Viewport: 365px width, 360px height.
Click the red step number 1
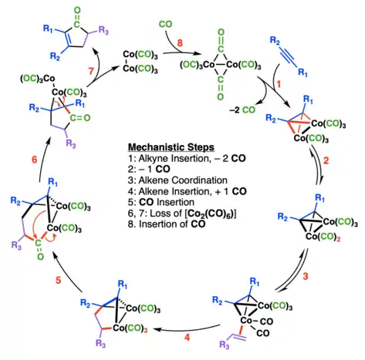(279, 84)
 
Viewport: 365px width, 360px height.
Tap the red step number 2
(326, 160)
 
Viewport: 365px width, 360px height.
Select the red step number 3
(306, 276)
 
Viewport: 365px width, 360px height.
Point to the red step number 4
(187, 337)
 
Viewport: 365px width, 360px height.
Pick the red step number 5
(59, 280)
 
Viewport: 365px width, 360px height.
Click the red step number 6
(34, 160)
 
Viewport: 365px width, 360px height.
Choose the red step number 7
(91, 71)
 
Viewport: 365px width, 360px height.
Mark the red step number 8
(180, 43)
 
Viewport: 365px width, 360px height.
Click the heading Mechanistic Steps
(171, 147)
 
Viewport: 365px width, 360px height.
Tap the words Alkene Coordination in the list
(183, 180)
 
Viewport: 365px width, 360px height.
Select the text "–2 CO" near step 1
(242, 110)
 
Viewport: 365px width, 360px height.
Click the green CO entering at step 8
(165, 24)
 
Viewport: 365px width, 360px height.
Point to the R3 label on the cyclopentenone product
(103, 31)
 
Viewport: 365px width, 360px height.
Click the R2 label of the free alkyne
(275, 41)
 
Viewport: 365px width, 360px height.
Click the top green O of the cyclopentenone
(77, 10)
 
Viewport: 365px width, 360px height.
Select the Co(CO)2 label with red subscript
(323, 237)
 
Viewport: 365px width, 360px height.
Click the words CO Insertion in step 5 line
(167, 202)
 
